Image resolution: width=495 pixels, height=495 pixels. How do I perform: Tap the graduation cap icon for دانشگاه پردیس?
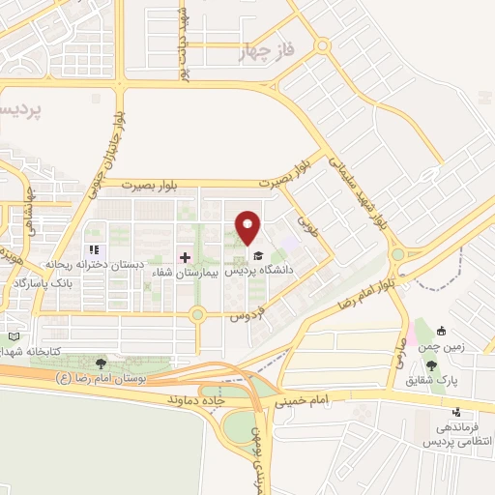point(258,256)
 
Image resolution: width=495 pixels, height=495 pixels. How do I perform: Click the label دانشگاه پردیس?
point(258,272)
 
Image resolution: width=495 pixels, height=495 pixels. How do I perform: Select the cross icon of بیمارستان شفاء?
point(185,258)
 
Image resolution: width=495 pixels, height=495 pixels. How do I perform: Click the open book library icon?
point(14,335)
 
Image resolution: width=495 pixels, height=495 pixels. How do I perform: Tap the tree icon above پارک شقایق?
point(431,364)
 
